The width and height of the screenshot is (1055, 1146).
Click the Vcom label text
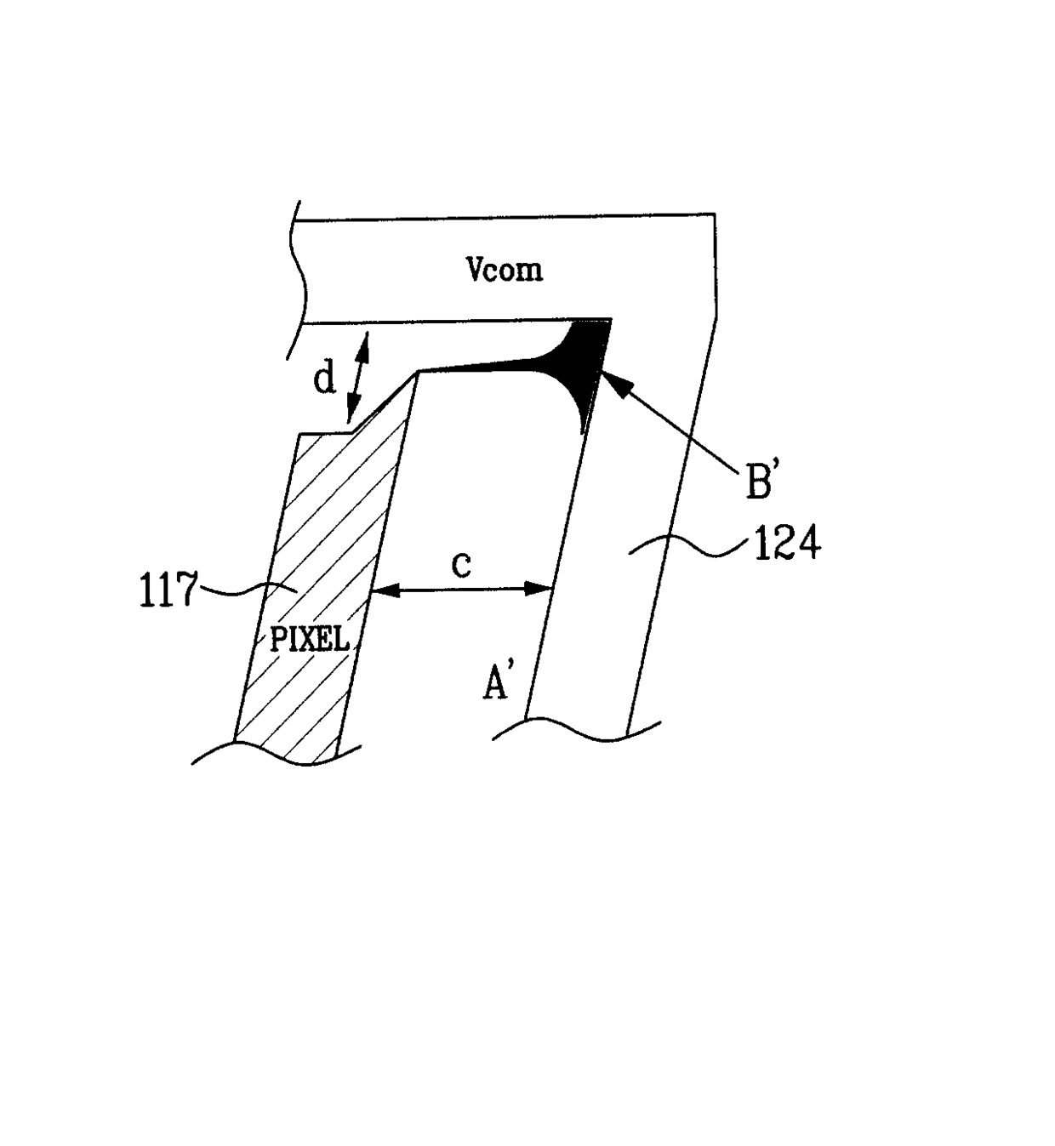click(x=504, y=270)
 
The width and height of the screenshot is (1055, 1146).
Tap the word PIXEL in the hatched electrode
click(x=310, y=638)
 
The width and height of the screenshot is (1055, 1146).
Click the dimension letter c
click(x=460, y=566)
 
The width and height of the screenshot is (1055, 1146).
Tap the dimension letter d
click(x=324, y=379)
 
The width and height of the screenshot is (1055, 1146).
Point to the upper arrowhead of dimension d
click(x=365, y=338)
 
